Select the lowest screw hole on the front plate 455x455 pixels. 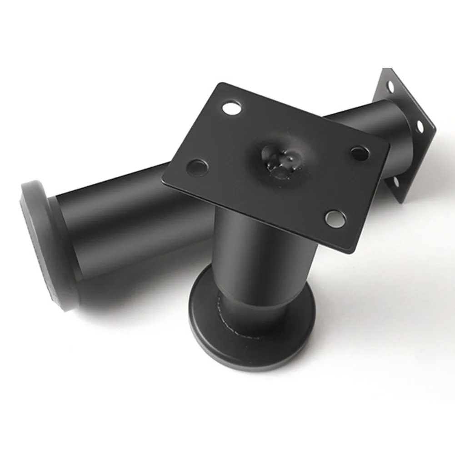tap(335, 218)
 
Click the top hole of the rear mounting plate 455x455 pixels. tap(390, 85)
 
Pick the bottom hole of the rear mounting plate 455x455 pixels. tap(395, 182)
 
